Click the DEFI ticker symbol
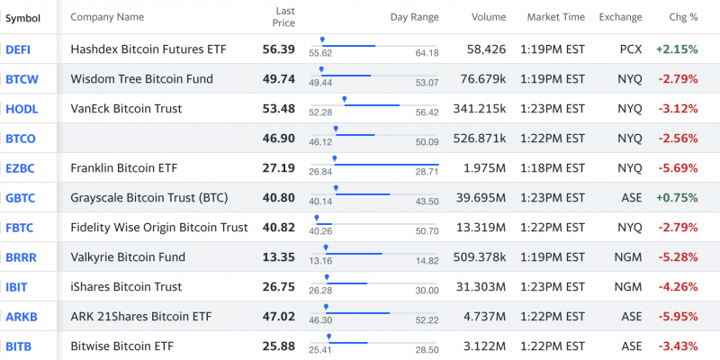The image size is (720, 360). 18,49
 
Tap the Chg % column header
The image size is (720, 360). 683,17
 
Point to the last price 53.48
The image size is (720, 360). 278,109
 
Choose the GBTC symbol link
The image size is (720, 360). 20,198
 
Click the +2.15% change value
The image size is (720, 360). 677,49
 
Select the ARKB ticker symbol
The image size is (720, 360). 21,317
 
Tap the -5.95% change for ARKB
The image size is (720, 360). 678,317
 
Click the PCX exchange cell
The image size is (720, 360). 631,49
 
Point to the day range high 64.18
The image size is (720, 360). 427,54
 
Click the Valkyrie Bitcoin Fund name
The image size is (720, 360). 128,257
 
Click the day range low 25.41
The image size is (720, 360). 320,351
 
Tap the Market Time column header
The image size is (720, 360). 555,17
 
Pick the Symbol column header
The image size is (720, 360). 22,17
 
